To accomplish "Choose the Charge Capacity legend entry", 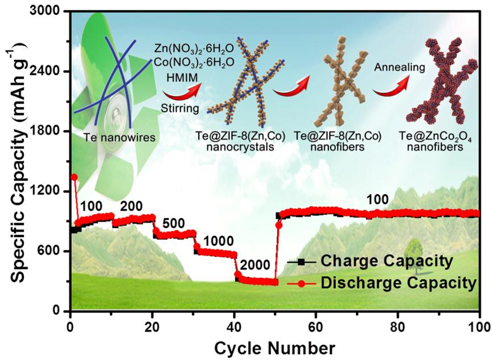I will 387,261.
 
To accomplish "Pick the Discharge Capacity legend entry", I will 398,281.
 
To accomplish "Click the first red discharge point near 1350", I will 74,177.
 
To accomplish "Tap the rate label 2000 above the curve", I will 251,265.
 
